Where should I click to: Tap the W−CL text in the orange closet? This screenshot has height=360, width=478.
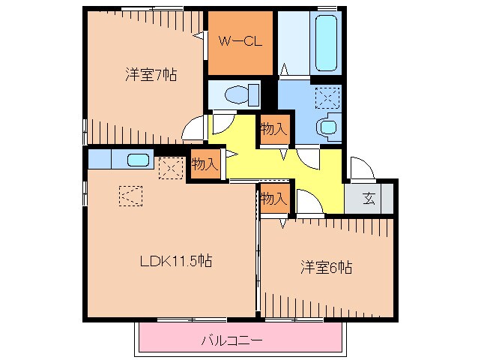pyautogui.click(x=240, y=42)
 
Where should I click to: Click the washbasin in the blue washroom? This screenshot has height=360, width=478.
pyautogui.click(x=327, y=127)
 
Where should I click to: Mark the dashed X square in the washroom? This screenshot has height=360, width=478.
pyautogui.click(x=327, y=97)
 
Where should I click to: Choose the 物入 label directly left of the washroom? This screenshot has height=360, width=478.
pyautogui.click(x=273, y=129)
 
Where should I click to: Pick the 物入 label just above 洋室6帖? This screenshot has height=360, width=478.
pyautogui.click(x=273, y=199)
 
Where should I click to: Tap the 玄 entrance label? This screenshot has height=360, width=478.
pyautogui.click(x=369, y=199)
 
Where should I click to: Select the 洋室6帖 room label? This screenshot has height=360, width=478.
pyautogui.click(x=327, y=267)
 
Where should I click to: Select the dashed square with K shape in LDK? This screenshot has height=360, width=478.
pyautogui.click(x=129, y=196)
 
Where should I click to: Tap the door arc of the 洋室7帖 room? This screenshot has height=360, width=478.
pyautogui.click(x=193, y=127)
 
